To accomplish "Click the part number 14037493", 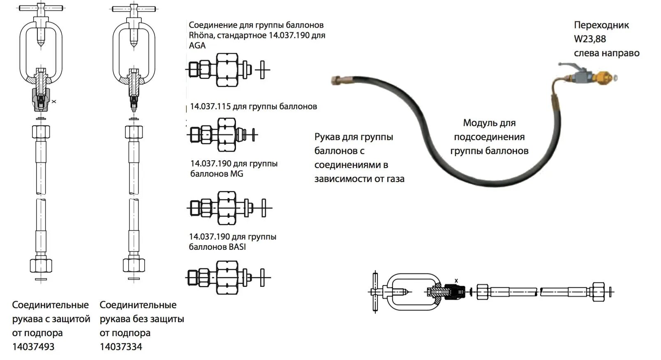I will pyautogui.click(x=33, y=346).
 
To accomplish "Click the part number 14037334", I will pyautogui.click(x=121, y=346).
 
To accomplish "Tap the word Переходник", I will pyautogui.click(x=601, y=25).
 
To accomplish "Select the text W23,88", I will pyautogui.click(x=590, y=39).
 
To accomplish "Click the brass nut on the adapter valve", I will pyautogui.click(x=604, y=77).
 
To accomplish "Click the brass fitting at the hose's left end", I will pyautogui.click(x=338, y=80).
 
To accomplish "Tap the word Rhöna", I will pyautogui.click(x=200, y=35).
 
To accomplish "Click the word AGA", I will pyautogui.click(x=197, y=46).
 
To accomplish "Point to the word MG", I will pyautogui.click(x=237, y=174).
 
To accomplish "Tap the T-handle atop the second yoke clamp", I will pyautogui.click(x=134, y=8).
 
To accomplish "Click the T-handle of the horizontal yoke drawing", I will pyautogui.click(x=375, y=291).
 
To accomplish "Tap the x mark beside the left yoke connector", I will pyautogui.click(x=54, y=101).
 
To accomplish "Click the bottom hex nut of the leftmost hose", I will pyautogui.click(x=41, y=265).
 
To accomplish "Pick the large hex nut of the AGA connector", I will pyautogui.click(x=226, y=70).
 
